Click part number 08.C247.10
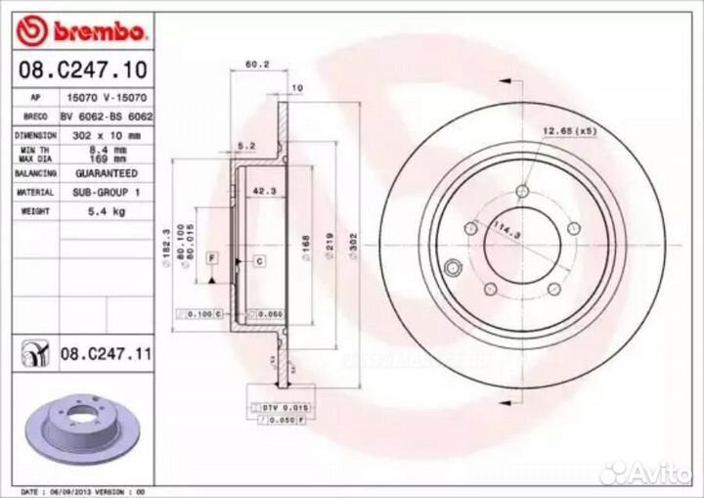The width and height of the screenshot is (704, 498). tap(83, 69)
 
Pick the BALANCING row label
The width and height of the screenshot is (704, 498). tap(35, 172)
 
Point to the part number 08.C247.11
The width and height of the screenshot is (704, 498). tap(106, 353)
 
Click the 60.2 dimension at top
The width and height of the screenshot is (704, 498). tap(256, 65)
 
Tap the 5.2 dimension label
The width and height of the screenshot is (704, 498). tap(246, 146)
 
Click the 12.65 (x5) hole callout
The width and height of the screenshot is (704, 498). tap(569, 130)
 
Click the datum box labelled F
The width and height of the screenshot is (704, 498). tap(210, 256)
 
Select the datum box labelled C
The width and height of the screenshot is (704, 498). tap(260, 260)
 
